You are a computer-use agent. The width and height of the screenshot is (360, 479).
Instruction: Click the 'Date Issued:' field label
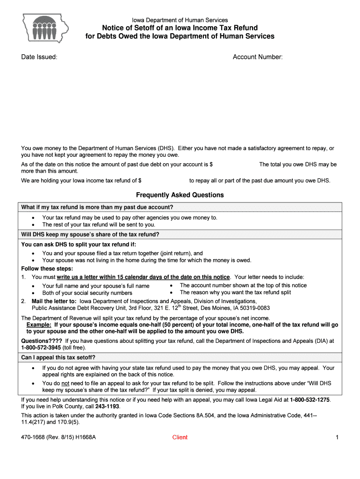[x=39, y=57]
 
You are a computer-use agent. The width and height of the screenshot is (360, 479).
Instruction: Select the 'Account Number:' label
[x=258, y=57]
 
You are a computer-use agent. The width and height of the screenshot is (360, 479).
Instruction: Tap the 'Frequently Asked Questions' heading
[x=180, y=195]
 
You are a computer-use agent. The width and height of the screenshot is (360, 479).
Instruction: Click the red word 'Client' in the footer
[x=180, y=437]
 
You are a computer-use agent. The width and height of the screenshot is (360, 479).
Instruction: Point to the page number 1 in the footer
[x=337, y=437]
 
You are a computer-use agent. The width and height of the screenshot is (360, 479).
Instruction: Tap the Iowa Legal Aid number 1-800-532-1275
[x=310, y=400]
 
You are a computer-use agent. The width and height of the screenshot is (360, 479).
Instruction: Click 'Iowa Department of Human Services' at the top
[x=180, y=20]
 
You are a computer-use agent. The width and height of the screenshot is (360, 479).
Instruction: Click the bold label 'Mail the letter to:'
[x=54, y=301]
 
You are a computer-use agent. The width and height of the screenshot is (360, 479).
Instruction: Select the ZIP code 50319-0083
[x=254, y=308]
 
